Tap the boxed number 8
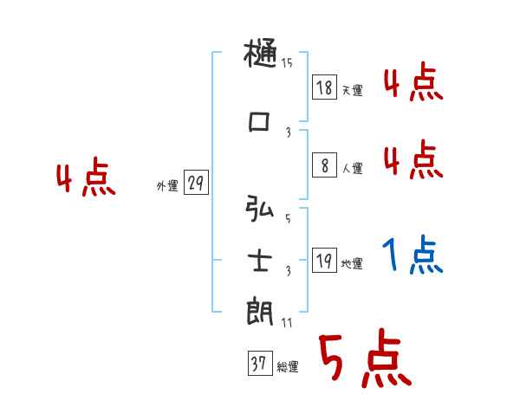[324, 165]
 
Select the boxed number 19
[324, 260]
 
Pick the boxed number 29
[196, 182]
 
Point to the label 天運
[352, 90]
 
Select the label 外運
[166, 185]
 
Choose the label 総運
[288, 367]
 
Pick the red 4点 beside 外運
[86, 179]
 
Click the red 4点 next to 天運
[413, 83]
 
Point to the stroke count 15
[287, 62]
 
